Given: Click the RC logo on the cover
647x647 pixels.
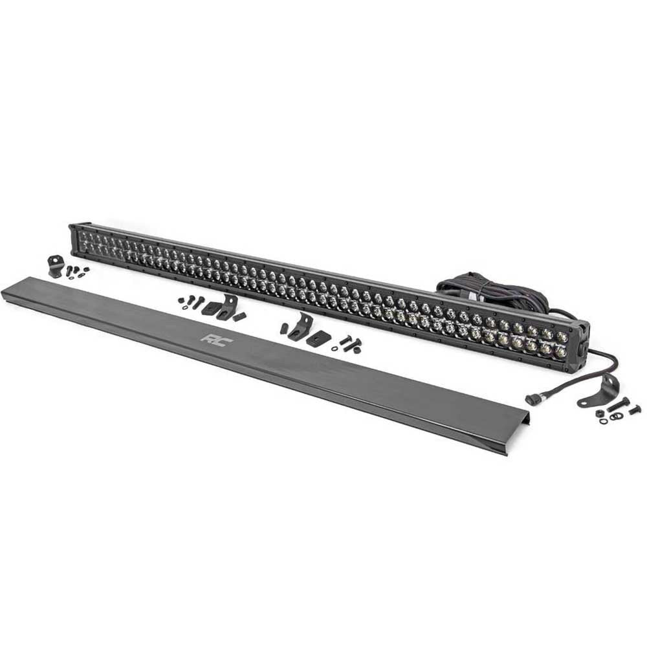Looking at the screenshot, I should (213, 338).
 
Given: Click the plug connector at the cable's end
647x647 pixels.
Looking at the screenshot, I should (532, 399).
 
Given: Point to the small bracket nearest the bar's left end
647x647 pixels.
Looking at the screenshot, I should (55, 266).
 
